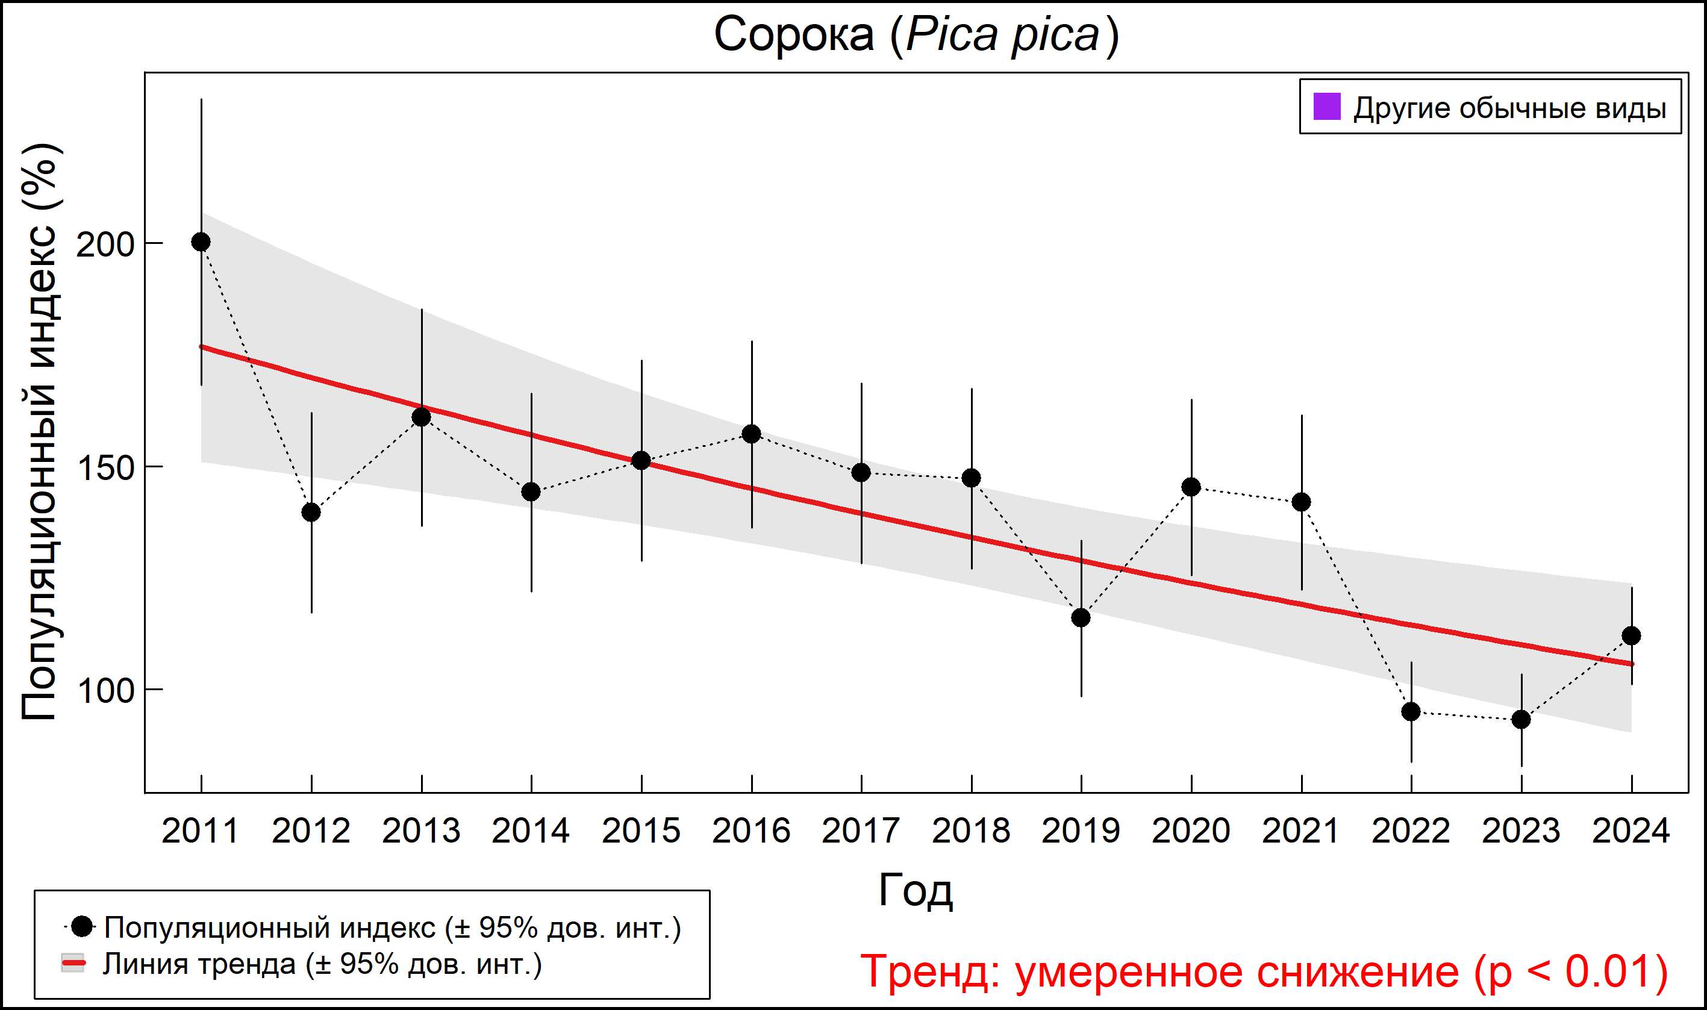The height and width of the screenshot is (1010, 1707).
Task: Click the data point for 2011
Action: point(201,242)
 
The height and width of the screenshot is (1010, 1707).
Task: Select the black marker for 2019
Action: point(1081,617)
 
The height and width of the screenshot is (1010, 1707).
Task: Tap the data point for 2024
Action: point(1632,635)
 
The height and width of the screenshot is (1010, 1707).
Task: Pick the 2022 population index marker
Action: point(1411,711)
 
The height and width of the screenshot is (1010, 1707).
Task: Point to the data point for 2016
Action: point(752,434)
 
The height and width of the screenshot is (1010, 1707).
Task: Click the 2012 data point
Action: point(311,512)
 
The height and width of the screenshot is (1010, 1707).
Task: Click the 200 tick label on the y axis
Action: point(105,245)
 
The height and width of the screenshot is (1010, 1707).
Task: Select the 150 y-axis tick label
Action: point(105,468)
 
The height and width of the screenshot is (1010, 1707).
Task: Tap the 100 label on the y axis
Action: point(105,691)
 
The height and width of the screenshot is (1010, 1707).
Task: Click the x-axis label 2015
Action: point(641,831)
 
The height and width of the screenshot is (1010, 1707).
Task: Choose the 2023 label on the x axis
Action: point(1521,831)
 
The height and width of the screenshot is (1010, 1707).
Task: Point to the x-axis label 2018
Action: point(971,831)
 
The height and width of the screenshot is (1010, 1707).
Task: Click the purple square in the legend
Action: point(1327,107)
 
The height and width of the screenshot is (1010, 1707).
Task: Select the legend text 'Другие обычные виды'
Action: point(1509,108)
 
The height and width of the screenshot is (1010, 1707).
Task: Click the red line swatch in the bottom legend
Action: point(73,964)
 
